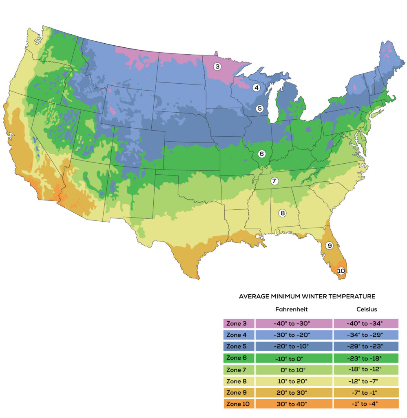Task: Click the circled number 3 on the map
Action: click(x=217, y=66)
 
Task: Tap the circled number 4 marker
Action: click(x=257, y=87)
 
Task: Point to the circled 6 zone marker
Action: click(x=261, y=154)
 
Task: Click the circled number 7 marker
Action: click(x=274, y=181)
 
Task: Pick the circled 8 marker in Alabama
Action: click(x=282, y=213)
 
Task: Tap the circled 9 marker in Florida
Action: click(x=330, y=245)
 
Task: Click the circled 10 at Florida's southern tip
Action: click(x=341, y=270)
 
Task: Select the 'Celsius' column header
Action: click(x=366, y=309)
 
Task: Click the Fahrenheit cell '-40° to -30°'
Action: click(x=293, y=324)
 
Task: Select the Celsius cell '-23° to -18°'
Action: click(x=366, y=358)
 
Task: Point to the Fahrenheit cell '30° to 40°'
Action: click(x=293, y=404)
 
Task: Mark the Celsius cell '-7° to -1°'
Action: click(x=366, y=392)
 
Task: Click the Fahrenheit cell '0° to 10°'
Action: click(x=293, y=369)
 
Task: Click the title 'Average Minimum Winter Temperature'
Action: click(x=307, y=296)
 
